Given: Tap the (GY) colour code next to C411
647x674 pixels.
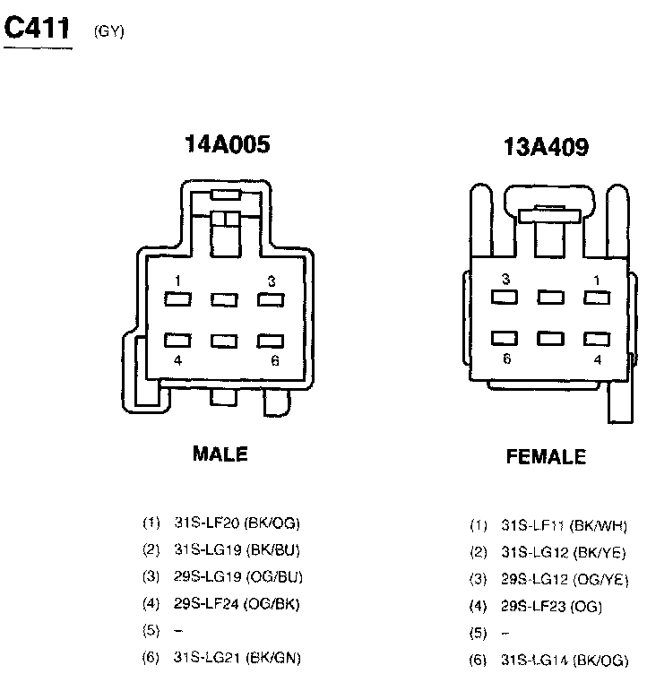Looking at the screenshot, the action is [108, 33].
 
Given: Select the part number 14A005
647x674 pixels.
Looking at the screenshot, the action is [226, 144].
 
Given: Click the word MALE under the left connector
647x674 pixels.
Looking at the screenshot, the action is [220, 454].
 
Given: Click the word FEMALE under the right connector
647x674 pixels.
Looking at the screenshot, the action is [546, 457].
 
